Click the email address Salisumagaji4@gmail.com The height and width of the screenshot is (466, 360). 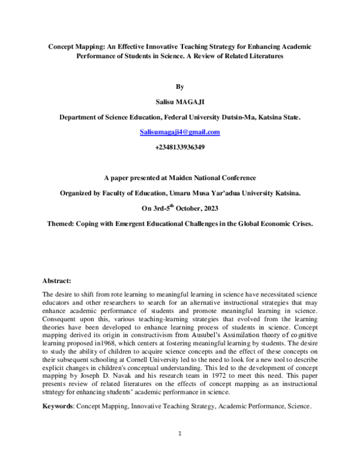[179, 132]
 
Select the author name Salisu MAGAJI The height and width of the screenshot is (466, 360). [179, 102]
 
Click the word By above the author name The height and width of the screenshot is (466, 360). [179, 87]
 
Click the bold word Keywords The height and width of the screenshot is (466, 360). [58, 406]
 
